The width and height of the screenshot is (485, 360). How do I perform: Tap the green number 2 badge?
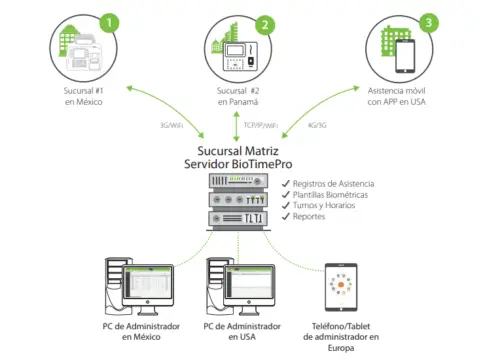pos(263,24)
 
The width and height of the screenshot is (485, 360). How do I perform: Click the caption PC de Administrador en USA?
pos(240,332)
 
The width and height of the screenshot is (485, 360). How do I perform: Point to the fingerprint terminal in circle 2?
pos(241,55)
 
